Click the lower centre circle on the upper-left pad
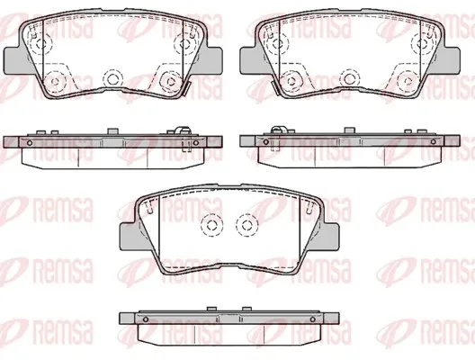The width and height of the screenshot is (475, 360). coord(112,79)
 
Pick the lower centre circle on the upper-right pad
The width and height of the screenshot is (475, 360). coord(350,79)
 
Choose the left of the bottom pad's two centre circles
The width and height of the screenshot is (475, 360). coord(211,224)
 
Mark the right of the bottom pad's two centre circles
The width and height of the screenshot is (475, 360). coord(247,224)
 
